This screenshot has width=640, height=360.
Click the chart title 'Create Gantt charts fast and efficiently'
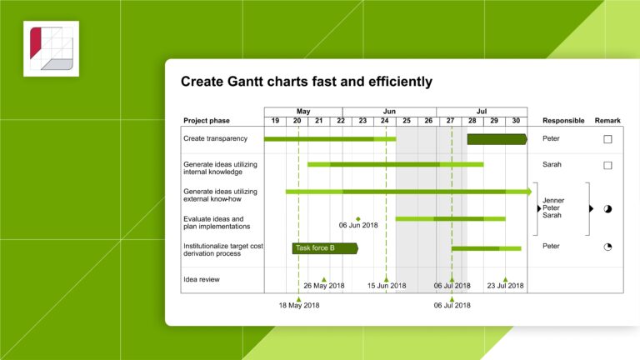pyautogui.click(x=307, y=82)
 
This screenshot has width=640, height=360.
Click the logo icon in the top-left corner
pyautogui.click(x=51, y=49)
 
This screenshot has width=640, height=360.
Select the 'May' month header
pyautogui.click(x=303, y=111)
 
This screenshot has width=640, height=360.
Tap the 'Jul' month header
pyautogui.click(x=482, y=111)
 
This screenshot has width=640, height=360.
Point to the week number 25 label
pyautogui.click(x=407, y=121)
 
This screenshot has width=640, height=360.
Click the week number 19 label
pyautogui.click(x=275, y=121)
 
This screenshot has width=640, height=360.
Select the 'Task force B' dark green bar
pyautogui.click(x=324, y=248)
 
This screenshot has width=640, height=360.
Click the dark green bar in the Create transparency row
pyautogui.click(x=497, y=139)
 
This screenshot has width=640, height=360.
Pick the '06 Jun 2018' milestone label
pyautogui.click(x=358, y=225)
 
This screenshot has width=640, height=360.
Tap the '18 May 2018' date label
pyautogui.click(x=299, y=305)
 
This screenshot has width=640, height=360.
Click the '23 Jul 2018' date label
pyautogui.click(x=505, y=286)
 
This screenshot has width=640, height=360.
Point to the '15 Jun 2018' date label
pyautogui.click(x=387, y=286)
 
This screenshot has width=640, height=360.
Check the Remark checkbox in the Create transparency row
pyautogui.click(x=607, y=139)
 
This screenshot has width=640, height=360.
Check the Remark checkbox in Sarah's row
pyautogui.click(x=607, y=165)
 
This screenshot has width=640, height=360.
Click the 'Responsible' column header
pyautogui.click(x=563, y=121)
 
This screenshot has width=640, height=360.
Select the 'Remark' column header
pyautogui.click(x=607, y=121)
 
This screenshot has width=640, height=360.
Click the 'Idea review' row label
pyautogui.click(x=202, y=279)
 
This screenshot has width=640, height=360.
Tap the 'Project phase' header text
pyautogui.click(x=207, y=121)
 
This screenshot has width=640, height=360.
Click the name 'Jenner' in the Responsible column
pyautogui.click(x=553, y=200)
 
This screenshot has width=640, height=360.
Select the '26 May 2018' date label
pyautogui.click(x=324, y=286)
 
